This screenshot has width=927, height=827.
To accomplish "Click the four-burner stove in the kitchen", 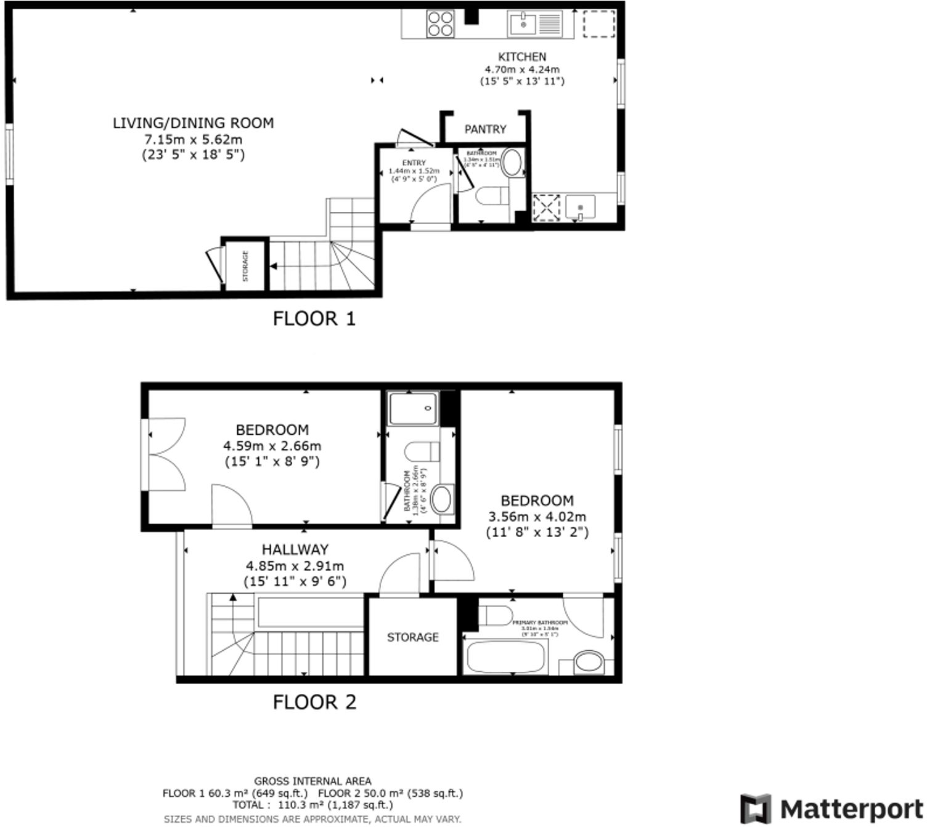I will pyautogui.click(x=440, y=25).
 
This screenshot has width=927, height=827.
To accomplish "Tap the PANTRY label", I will pyautogui.click(x=485, y=129).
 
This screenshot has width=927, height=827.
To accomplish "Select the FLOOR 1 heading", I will pyautogui.click(x=314, y=318).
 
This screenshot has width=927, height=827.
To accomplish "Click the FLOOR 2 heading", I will pyautogui.click(x=314, y=702).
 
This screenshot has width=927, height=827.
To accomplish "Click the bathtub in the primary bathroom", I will pyautogui.click(x=506, y=656).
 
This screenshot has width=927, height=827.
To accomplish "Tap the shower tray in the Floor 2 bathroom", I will pyautogui.click(x=414, y=409).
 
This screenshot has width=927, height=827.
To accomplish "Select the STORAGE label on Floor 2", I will pyautogui.click(x=412, y=637).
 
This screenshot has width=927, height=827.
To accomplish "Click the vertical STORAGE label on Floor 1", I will pyautogui.click(x=245, y=266).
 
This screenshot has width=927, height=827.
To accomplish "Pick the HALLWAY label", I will pyautogui.click(x=295, y=549).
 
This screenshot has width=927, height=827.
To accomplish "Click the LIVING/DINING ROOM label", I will pyautogui.click(x=193, y=123).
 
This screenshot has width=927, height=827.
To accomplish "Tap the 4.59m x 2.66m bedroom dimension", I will pyautogui.click(x=272, y=446).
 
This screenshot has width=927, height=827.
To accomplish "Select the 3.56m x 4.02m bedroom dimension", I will pyautogui.click(x=537, y=517).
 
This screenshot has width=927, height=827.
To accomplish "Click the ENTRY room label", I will pyautogui.click(x=414, y=163).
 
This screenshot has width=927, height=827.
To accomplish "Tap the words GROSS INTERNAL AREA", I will pyautogui.click(x=312, y=781).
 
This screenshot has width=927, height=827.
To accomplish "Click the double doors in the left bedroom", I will pyautogui.click(x=165, y=455).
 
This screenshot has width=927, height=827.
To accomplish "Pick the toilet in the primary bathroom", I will pyautogui.click(x=497, y=615).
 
